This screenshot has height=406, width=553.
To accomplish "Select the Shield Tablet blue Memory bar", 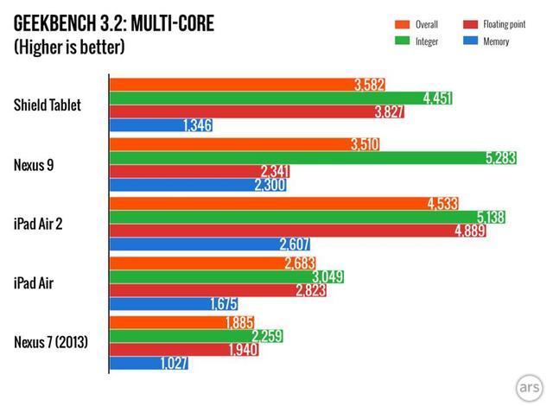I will tap(160, 126).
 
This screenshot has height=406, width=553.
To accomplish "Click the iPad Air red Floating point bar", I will tap(212, 289).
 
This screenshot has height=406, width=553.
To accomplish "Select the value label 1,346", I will tap(197, 126).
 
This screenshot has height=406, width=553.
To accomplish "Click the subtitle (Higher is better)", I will tap(69, 47).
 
